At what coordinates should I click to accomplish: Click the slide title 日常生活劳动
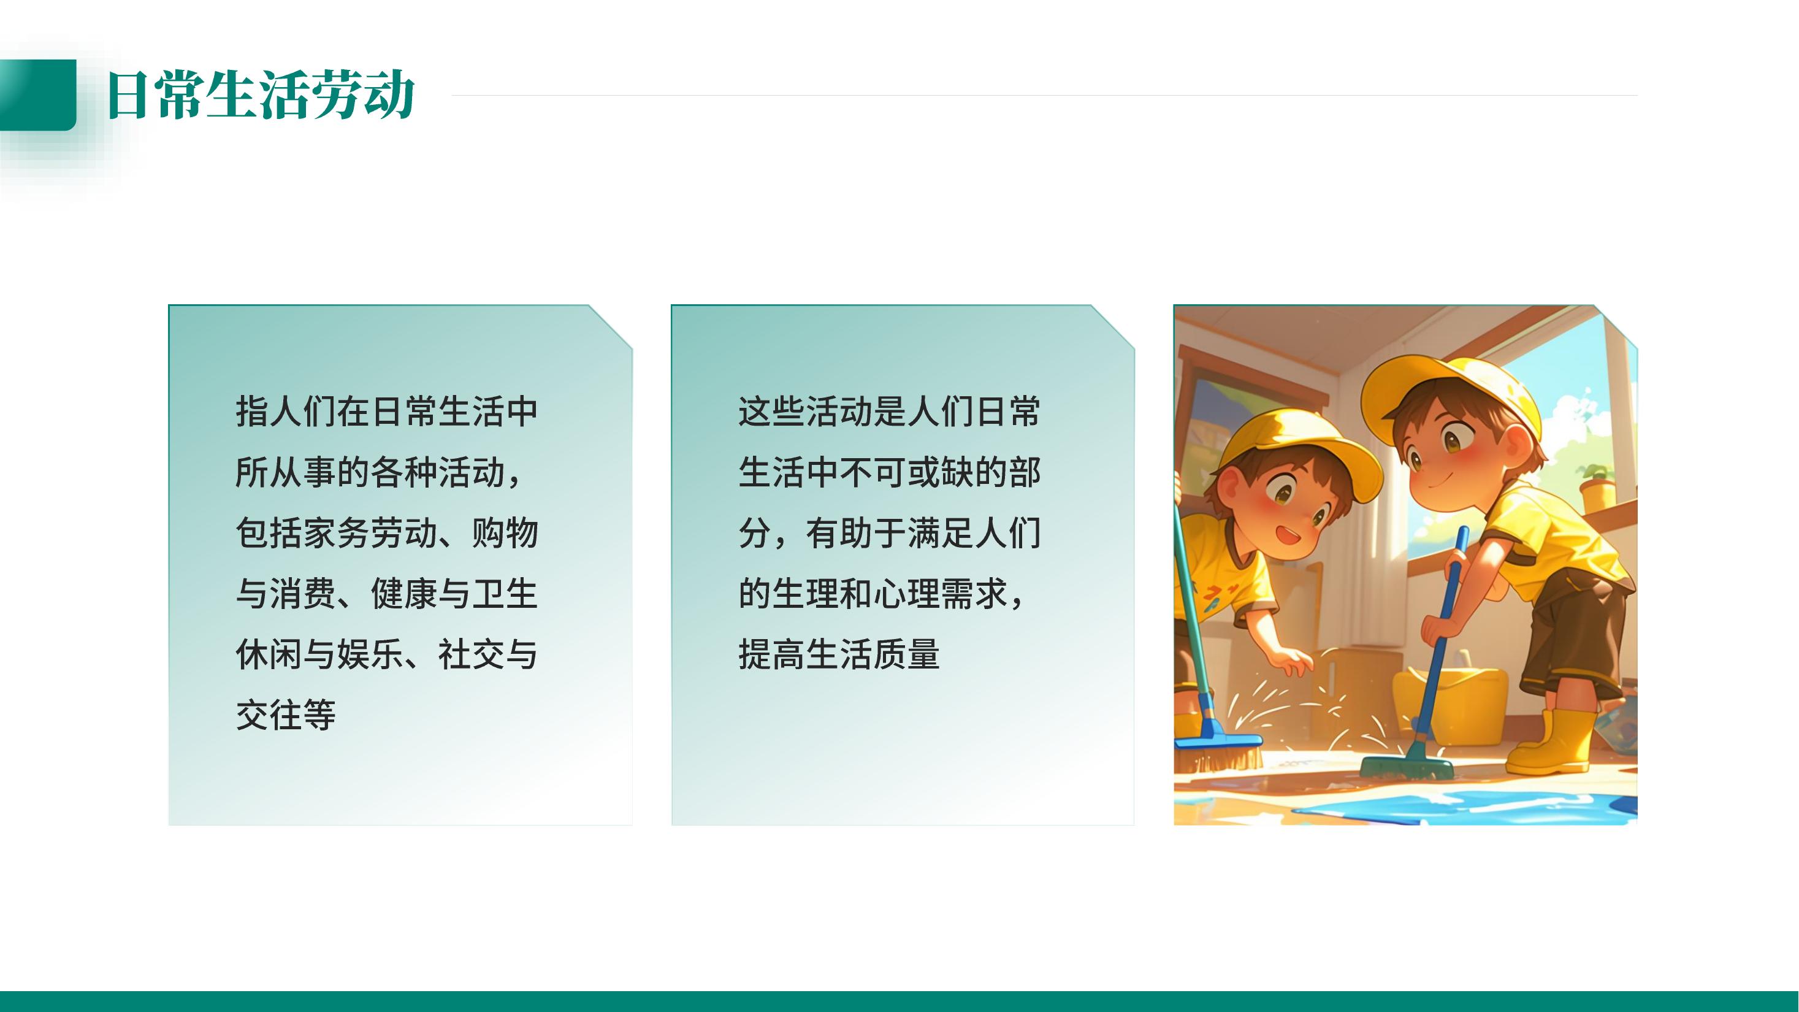261,94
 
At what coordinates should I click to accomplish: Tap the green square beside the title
38,95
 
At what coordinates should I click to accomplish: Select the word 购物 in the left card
505,533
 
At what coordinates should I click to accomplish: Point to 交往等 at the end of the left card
286,715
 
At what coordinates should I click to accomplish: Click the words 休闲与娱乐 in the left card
320,654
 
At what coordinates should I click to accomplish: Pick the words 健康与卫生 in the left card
454,594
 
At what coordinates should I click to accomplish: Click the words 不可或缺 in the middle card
906,472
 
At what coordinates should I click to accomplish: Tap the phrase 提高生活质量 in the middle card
839,654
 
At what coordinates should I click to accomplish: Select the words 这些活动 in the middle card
806,412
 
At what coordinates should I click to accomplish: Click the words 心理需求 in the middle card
940,594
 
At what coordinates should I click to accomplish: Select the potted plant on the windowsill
1596,485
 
